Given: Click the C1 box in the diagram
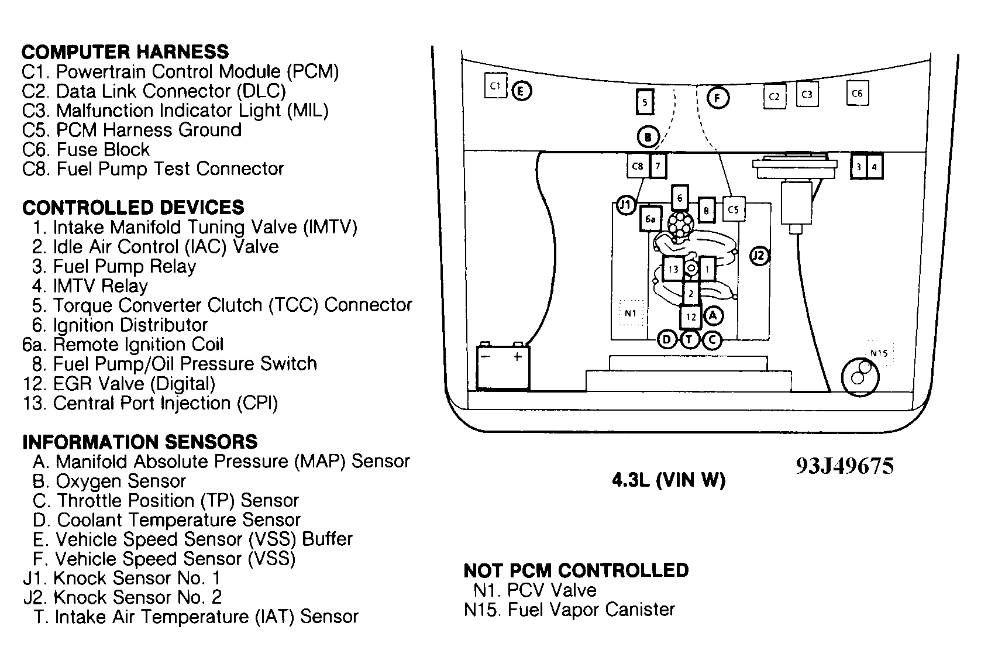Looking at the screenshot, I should tap(495, 86).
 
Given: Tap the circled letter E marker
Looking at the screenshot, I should tap(521, 91).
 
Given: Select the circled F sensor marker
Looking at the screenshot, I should tap(718, 98).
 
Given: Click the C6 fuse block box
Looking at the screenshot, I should tap(857, 93).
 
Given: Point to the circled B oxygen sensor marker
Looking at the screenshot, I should tap(648, 137).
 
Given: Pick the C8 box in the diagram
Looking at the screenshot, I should tap(638, 166).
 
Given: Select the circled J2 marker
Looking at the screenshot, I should tap(759, 256).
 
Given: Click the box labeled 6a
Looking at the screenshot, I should tap(650, 219).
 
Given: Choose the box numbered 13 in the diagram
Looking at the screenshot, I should tap(673, 269).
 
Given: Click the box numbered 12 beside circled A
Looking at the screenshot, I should tap(691, 317).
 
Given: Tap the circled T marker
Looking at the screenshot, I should tap(690, 339).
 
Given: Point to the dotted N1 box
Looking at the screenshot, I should tap(631, 313).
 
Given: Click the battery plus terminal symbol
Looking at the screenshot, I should tap(517, 356).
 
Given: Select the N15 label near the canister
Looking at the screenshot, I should tap(879, 353).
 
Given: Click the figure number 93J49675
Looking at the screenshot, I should tap(844, 466).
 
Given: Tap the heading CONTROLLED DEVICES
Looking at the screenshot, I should tap(133, 208).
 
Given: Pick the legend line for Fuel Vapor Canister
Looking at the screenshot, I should tap(569, 610).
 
